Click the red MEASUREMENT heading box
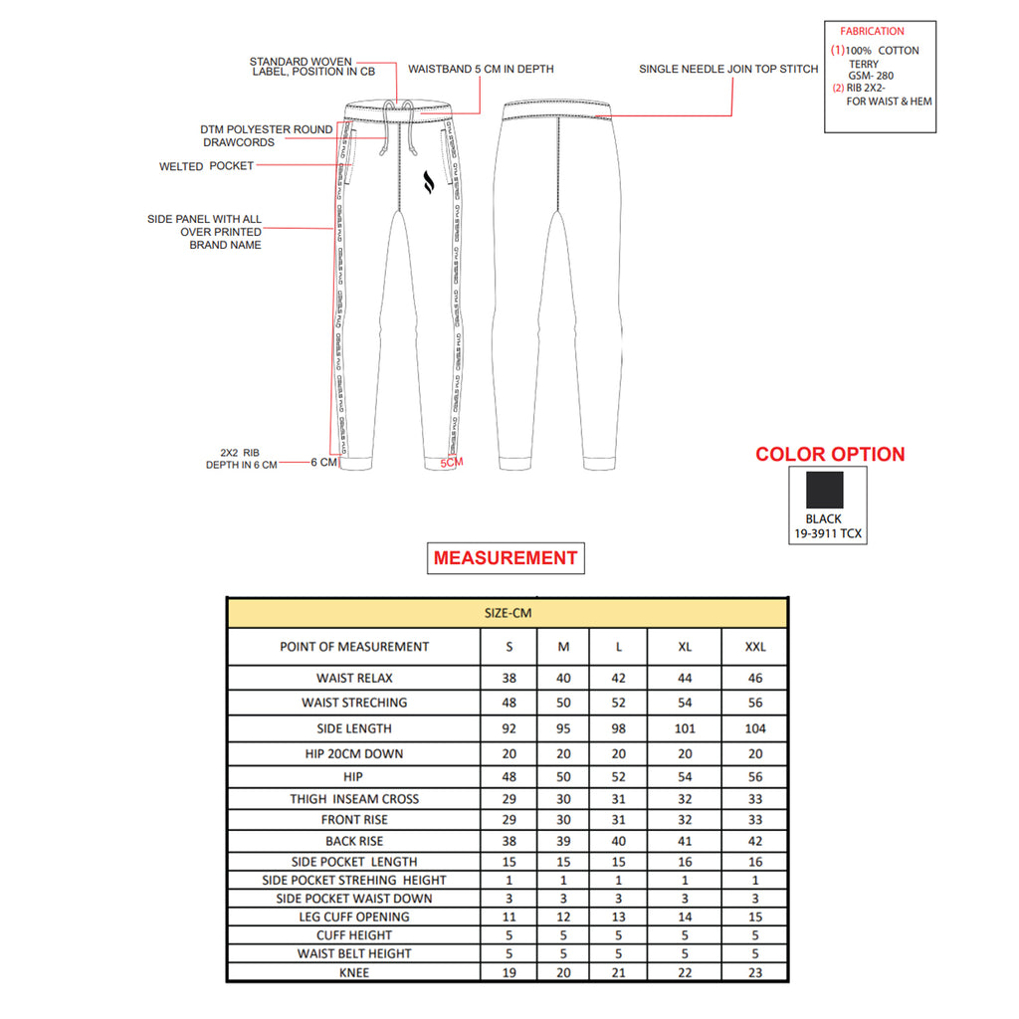[x=506, y=558]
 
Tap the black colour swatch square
[x=825, y=490]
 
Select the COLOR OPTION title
[x=830, y=455]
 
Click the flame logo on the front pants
[x=430, y=181]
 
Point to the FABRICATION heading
[x=872, y=32]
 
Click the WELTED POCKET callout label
[x=206, y=166]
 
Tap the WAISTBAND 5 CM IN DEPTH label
[x=481, y=70]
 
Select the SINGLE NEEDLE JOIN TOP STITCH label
[x=728, y=70]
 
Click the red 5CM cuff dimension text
[x=452, y=463]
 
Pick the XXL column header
[x=756, y=647]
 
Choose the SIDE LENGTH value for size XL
[x=685, y=728]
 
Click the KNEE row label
[x=354, y=972]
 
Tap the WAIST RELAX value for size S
[x=509, y=679]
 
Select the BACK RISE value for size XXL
[x=756, y=841]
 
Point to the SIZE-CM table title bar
[x=508, y=613]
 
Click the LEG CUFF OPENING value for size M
[x=563, y=917]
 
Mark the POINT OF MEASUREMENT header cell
[x=354, y=647]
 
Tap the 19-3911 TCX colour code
[x=828, y=534]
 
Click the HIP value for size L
[x=618, y=776]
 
